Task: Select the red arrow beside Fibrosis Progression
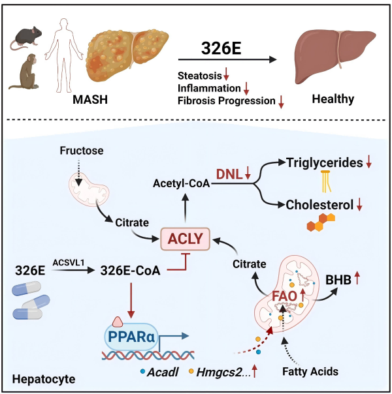(282, 101)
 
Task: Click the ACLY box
(184, 238)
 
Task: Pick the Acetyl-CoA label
(180, 185)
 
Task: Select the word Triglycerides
(320, 163)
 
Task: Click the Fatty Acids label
(302, 372)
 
